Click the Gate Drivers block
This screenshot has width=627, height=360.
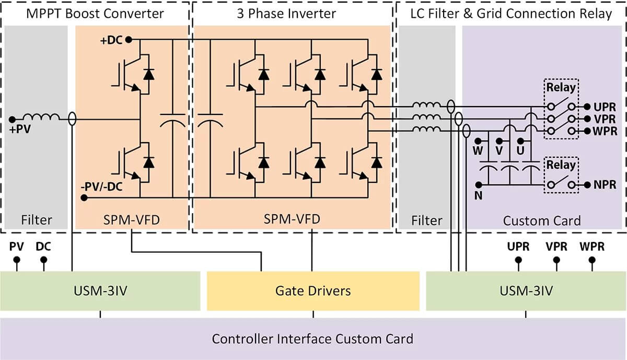point(313,291)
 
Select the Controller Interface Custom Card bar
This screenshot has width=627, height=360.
point(312,339)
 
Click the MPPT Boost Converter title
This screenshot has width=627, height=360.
point(95,14)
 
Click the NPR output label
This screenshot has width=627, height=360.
point(605,184)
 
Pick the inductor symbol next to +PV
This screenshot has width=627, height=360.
point(41,119)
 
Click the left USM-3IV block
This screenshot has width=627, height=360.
point(100,291)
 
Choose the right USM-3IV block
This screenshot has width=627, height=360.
point(526,291)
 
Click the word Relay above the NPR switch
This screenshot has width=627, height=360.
point(561,165)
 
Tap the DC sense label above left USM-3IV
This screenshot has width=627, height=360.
point(43,246)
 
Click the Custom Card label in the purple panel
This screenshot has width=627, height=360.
point(542,221)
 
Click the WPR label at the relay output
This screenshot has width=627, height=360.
point(605,131)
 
